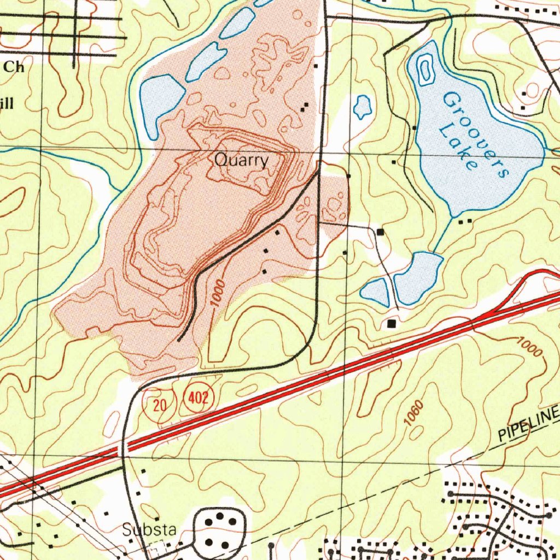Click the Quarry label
(241, 161)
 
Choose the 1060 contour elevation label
(415, 413)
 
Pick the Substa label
(149, 529)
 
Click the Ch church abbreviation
(13, 67)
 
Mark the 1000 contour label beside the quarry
(217, 293)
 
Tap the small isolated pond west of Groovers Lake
(362, 106)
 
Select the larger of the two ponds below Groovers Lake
(417, 278)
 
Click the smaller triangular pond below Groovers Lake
(376, 291)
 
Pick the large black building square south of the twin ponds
(391, 324)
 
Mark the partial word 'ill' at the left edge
(7, 103)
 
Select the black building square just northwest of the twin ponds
(380, 232)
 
